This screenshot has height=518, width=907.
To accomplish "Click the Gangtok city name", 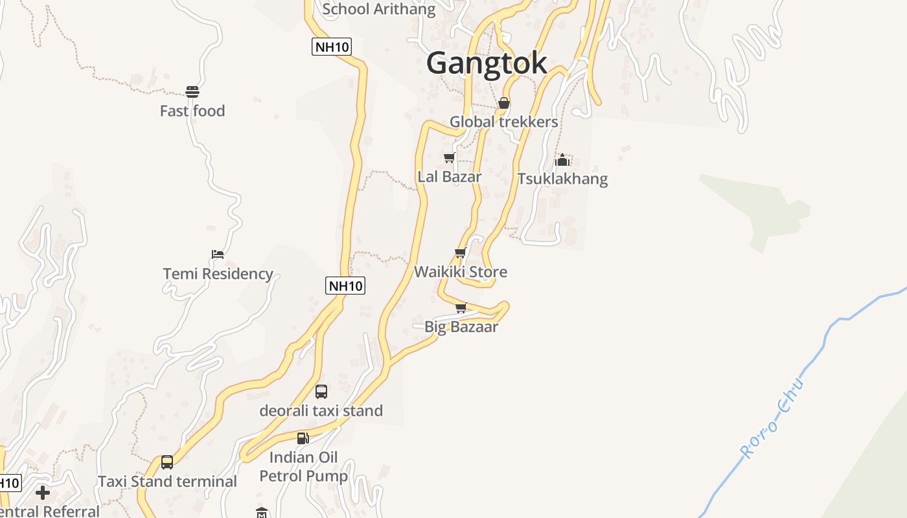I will tap(487, 63).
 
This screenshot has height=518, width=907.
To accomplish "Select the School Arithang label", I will tap(379, 9).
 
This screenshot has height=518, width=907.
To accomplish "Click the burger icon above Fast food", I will tap(192, 92).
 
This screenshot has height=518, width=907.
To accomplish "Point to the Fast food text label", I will tap(192, 111).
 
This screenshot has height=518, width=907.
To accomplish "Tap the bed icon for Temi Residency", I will tap(218, 254).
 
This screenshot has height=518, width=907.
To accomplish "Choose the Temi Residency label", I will tap(218, 273).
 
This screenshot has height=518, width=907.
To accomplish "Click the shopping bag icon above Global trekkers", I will tap(504, 103).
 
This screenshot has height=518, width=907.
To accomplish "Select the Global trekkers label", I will tap(503, 122).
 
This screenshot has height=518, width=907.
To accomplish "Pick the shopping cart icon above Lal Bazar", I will tap(449, 158).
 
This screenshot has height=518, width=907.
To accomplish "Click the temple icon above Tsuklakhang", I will tap(562, 159).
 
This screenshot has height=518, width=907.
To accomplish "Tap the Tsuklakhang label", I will tap(562, 179).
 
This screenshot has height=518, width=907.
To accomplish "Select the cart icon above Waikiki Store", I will tap(461, 253).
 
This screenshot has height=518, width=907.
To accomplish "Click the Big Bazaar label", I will tap(461, 327).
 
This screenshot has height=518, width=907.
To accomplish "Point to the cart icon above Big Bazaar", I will tap(461, 308).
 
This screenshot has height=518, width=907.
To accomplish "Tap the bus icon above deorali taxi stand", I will tap(321, 392).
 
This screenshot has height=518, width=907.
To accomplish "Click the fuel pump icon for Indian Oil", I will tap(303, 438).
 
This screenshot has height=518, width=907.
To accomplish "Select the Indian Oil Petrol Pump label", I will tap(303, 467).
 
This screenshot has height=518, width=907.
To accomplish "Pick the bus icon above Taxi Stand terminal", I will tap(167, 462).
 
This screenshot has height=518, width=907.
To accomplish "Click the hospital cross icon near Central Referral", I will tap(43, 493).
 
